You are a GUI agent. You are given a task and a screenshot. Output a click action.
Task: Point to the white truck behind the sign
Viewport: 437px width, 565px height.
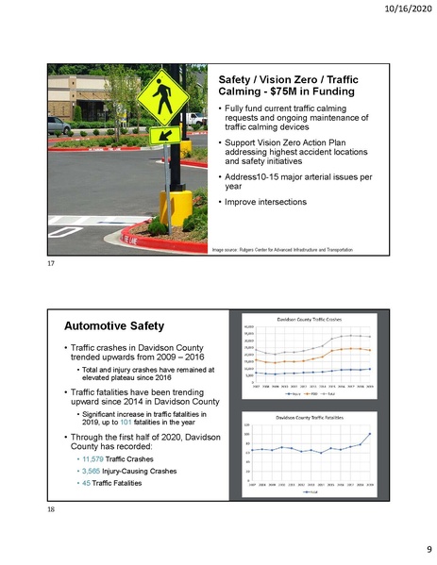click(x=194, y=120)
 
